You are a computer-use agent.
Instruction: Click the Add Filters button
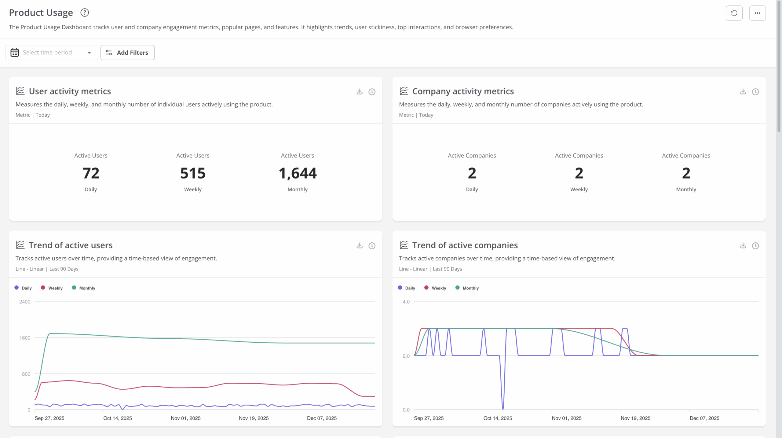click(127, 53)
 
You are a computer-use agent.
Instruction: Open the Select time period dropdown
click(51, 53)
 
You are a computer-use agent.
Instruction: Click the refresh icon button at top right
click(734, 13)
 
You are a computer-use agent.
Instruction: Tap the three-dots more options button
click(757, 13)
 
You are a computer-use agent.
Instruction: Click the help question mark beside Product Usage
click(84, 13)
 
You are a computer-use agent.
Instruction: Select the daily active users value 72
click(91, 173)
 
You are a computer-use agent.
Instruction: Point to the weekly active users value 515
click(193, 173)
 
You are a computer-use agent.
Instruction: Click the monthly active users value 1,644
click(298, 173)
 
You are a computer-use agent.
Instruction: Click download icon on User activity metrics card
click(359, 92)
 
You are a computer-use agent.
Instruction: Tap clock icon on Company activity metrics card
click(755, 92)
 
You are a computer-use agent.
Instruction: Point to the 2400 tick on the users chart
click(25, 302)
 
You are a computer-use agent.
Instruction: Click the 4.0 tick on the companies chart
click(406, 302)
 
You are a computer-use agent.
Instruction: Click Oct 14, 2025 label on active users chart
click(118, 418)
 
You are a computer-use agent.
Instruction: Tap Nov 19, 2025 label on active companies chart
click(635, 418)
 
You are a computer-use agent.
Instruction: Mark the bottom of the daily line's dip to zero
click(503, 409)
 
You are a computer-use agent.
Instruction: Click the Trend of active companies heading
click(465, 245)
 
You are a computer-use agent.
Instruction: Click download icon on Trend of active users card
click(359, 245)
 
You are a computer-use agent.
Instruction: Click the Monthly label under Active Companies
click(686, 190)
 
